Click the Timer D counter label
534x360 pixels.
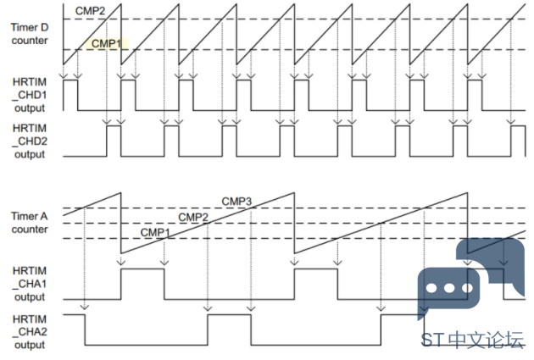click(30, 34)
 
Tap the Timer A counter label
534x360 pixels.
click(30, 223)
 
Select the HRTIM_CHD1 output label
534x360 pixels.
click(30, 95)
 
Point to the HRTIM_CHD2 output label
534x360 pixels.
click(30, 141)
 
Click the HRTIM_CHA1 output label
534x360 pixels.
click(30, 284)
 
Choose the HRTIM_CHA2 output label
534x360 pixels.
click(30, 332)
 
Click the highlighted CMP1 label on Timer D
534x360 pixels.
click(106, 43)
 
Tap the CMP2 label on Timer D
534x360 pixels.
click(90, 11)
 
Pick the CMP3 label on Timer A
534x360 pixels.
click(236, 202)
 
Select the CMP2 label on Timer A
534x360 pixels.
click(193, 217)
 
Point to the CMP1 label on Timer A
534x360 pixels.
click(155, 233)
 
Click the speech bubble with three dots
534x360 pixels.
click(449, 289)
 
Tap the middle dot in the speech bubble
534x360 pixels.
click(449, 288)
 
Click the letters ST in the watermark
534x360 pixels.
click(432, 340)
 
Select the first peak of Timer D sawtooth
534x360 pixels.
click(121, 3)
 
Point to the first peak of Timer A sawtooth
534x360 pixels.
click(121, 192)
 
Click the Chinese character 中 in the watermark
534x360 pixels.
click(457, 340)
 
